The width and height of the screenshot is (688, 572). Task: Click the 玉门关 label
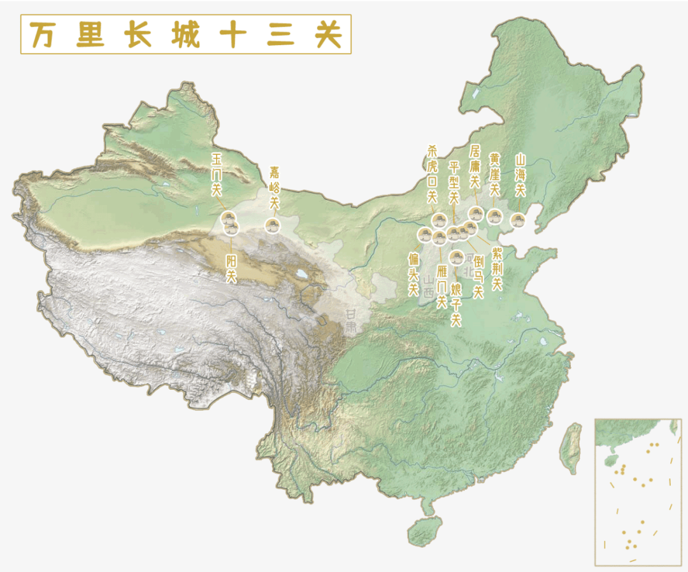[x=217, y=173]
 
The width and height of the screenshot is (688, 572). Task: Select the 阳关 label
[x=231, y=268]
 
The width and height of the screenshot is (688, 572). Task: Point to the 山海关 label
[x=520, y=175]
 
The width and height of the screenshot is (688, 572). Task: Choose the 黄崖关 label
[x=495, y=175]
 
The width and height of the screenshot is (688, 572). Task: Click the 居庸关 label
[x=475, y=166]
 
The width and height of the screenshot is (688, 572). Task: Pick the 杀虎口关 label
[x=433, y=173]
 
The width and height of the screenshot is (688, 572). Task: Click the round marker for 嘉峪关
[x=273, y=224]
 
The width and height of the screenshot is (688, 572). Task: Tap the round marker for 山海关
[x=518, y=220]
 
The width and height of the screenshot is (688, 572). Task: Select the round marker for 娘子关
[x=456, y=257]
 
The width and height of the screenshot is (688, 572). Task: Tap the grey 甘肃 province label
[x=351, y=322]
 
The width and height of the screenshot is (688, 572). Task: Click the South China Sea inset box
[x=638, y=491]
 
